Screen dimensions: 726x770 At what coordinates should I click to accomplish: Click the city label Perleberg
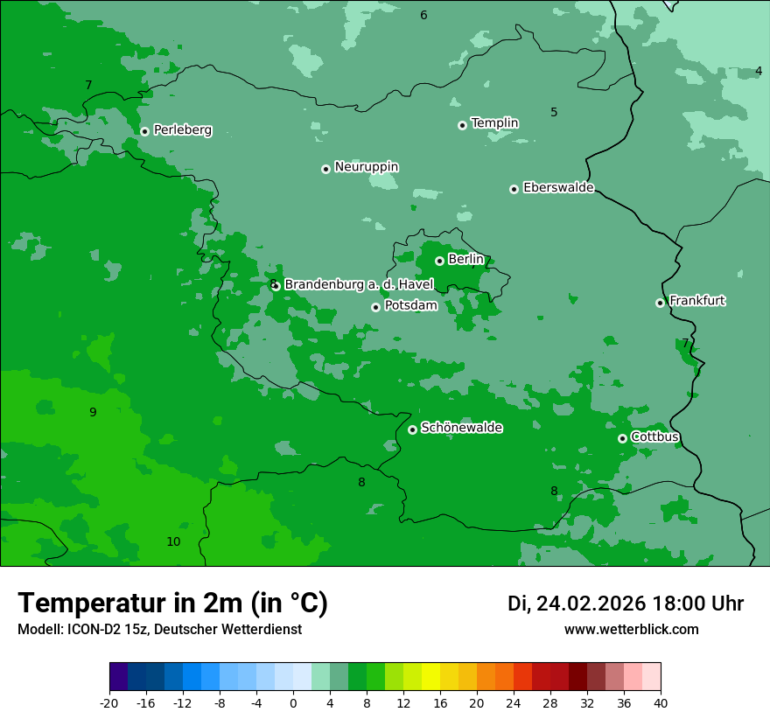(x=182, y=130)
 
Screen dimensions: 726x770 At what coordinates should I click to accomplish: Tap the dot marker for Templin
(x=462, y=125)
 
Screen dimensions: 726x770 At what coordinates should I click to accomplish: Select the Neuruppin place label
(x=366, y=167)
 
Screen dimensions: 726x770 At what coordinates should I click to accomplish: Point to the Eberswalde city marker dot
(x=514, y=189)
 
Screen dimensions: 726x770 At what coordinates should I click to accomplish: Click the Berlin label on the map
(x=465, y=260)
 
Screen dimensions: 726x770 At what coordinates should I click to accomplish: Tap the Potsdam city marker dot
(x=375, y=307)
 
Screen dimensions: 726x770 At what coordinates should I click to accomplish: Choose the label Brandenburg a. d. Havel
(x=359, y=284)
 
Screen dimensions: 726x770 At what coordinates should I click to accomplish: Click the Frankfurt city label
(x=696, y=301)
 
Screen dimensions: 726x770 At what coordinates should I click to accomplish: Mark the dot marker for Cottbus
(x=622, y=438)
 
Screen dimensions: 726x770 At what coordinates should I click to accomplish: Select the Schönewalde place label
(x=461, y=428)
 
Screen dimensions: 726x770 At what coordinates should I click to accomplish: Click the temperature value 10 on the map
(x=173, y=542)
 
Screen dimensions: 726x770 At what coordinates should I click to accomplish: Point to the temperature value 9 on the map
(x=93, y=413)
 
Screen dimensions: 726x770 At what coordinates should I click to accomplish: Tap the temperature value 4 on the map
(x=758, y=71)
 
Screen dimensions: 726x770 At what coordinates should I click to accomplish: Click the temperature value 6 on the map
(x=423, y=15)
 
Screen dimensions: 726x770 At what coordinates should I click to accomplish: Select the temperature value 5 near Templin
(x=554, y=112)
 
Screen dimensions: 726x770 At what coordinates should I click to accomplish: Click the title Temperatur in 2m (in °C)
(x=172, y=604)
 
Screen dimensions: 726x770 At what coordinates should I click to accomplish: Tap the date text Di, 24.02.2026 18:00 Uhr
(x=625, y=604)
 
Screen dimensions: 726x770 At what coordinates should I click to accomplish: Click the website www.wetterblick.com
(x=631, y=629)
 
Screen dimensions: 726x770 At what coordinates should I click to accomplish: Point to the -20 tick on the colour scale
(x=109, y=702)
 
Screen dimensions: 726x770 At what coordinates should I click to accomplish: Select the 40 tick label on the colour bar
(x=661, y=702)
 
